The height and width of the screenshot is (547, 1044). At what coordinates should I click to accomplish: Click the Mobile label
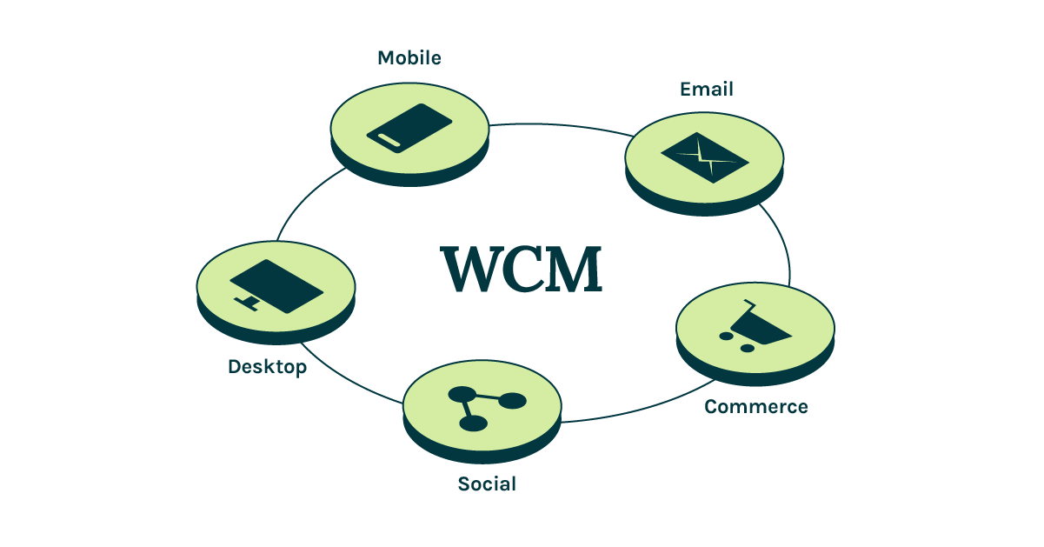point(409,58)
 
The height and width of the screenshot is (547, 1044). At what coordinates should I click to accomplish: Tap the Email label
point(706,89)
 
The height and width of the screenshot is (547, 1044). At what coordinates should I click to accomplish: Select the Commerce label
point(755,407)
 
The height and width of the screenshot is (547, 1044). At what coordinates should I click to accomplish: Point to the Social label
point(487,484)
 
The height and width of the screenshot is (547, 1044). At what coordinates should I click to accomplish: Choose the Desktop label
point(267,367)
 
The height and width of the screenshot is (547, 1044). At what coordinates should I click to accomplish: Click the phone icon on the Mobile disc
point(409,128)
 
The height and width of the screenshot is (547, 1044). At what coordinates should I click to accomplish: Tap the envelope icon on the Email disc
point(704,157)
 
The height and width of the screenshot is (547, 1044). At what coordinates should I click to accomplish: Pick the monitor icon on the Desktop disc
point(276,286)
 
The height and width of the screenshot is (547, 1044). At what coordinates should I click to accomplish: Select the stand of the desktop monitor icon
point(249,303)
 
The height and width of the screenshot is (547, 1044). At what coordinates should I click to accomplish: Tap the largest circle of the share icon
point(512,401)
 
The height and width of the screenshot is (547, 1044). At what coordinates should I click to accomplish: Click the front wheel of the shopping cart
point(746,348)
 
